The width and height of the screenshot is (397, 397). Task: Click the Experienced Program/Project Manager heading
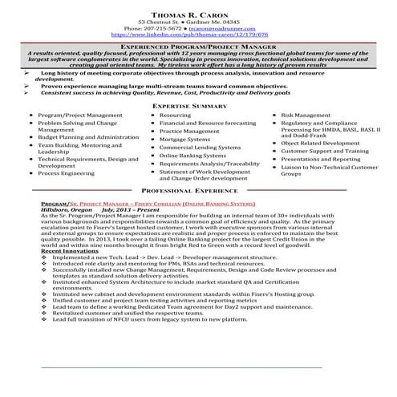pos(199,48)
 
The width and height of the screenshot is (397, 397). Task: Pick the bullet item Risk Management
pos(306,115)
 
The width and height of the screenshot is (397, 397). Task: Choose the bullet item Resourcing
pos(175,115)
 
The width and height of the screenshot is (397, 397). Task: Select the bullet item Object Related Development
pos(320,143)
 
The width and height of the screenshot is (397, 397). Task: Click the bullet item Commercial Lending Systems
pos(200,148)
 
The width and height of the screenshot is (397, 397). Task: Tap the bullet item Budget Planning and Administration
pos(88,137)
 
